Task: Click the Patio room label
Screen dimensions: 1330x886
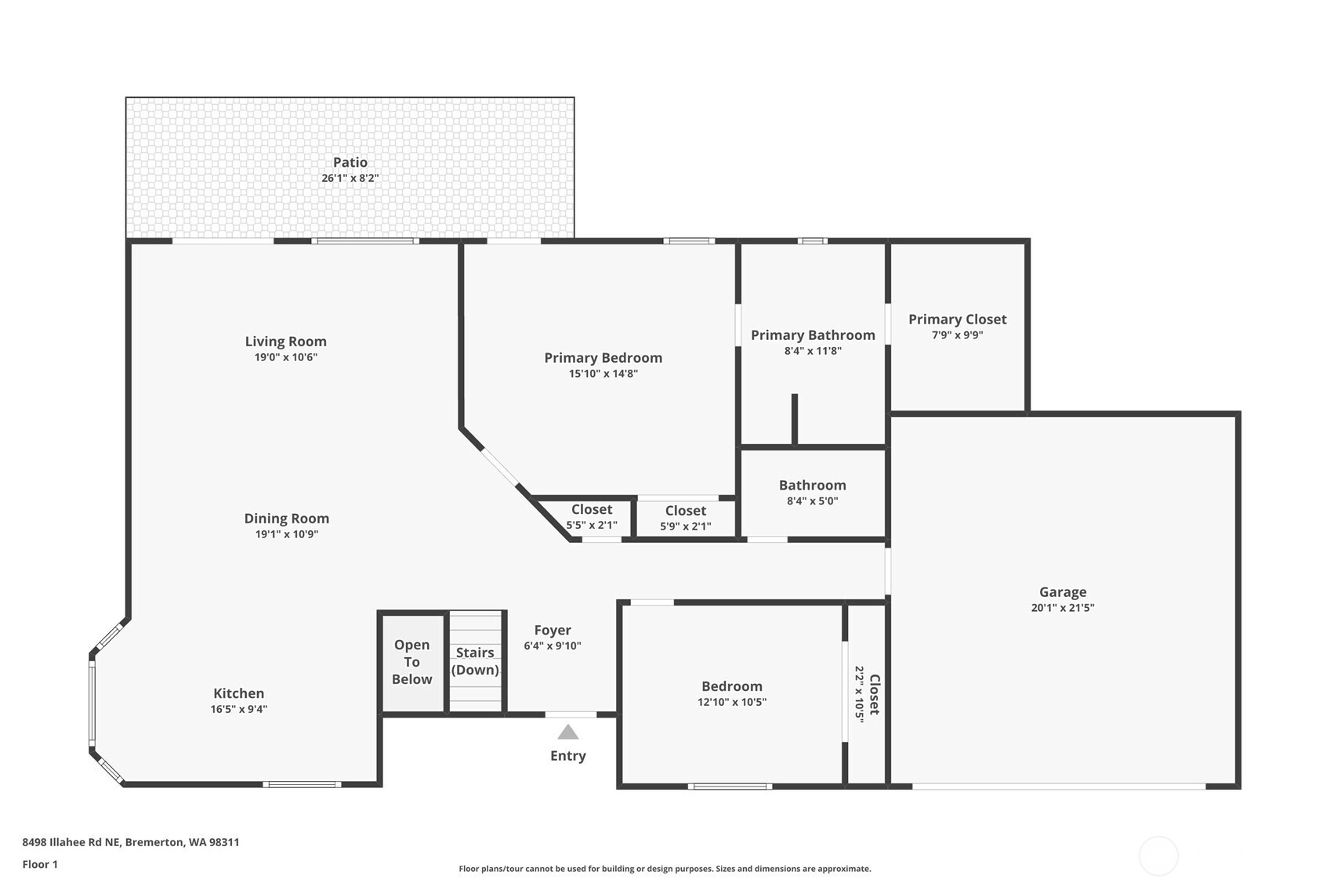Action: tap(350, 162)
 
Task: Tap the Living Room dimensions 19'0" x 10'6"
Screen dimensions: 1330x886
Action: tap(286, 357)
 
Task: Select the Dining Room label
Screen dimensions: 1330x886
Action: tap(287, 518)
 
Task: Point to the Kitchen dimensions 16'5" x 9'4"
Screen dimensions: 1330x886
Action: tap(239, 709)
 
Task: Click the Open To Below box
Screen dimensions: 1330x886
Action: tap(413, 663)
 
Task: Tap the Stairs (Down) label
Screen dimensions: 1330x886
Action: tap(475, 661)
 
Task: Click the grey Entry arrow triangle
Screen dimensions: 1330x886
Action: tap(568, 732)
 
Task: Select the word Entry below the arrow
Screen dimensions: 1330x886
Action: tap(568, 755)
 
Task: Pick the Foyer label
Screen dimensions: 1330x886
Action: tap(553, 630)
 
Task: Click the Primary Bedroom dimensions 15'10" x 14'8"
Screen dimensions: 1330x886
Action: tap(603, 374)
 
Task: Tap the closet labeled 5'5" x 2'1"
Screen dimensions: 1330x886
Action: tap(592, 518)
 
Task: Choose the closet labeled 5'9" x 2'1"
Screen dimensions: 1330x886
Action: tap(686, 518)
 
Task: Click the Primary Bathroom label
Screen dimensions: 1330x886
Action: tap(813, 335)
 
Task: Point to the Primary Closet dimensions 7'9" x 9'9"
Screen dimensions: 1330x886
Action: tap(957, 335)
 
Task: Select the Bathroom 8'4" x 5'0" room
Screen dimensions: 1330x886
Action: tap(813, 494)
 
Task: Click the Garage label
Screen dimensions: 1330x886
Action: tap(1063, 591)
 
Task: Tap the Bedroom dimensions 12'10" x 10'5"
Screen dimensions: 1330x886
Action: tap(732, 702)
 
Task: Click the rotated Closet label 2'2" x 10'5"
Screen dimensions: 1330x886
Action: tap(867, 694)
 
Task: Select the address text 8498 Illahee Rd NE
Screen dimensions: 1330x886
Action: tap(72, 841)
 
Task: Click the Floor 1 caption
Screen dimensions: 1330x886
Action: tap(41, 864)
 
